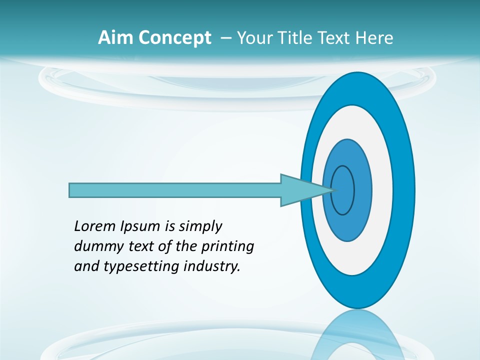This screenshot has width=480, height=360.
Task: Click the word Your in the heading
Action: coord(254,38)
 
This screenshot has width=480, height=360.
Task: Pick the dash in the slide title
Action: coord(225,38)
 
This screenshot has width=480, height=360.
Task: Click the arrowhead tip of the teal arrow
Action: coord(334,190)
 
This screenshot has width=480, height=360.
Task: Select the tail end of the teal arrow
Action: coord(71,190)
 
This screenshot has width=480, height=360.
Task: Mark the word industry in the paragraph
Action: coord(212,266)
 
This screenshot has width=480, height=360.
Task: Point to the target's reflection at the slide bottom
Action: coord(358,335)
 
